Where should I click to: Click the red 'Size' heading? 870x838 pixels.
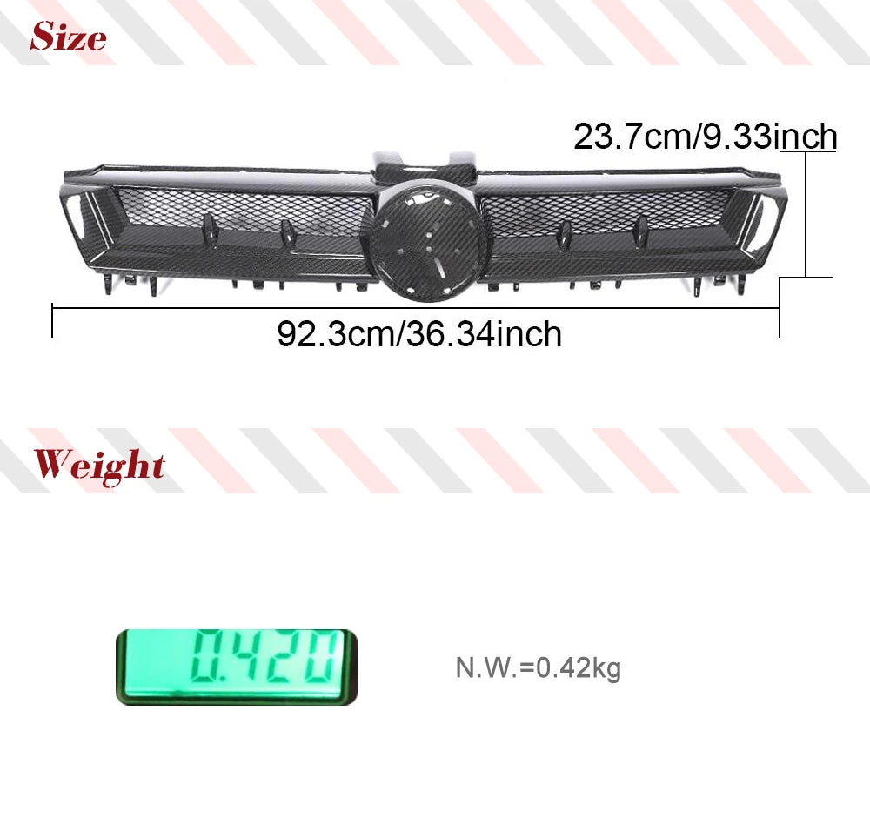pyautogui.click(x=68, y=37)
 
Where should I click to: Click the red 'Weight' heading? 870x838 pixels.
pyautogui.click(x=99, y=465)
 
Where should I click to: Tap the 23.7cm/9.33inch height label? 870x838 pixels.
pyautogui.click(x=705, y=137)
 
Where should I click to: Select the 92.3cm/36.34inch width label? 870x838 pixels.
pyautogui.click(x=419, y=334)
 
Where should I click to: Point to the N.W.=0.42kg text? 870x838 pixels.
pyautogui.click(x=538, y=667)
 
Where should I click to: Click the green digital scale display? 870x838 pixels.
pyautogui.click(x=237, y=667)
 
